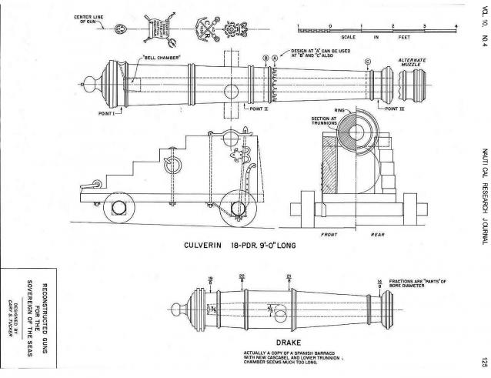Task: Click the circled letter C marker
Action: point(368,61)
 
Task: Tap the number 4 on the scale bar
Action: point(456,26)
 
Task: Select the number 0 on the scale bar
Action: point(330,26)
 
